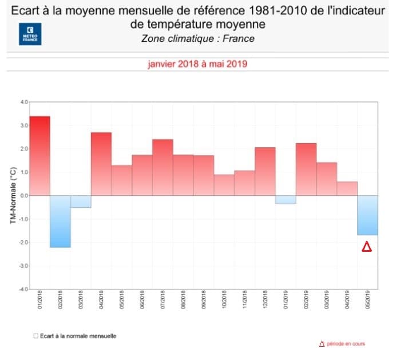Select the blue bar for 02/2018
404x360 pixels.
tap(60, 221)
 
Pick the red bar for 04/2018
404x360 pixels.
tap(101, 164)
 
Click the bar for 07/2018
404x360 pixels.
tap(163, 167)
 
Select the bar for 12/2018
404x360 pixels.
tap(265, 171)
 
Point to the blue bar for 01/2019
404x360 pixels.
tap(286, 200)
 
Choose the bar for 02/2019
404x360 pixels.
tap(306, 169)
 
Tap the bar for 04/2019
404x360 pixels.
tap(347, 188)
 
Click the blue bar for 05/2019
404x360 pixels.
tap(367, 215)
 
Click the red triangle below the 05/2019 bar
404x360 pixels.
tap(367, 247)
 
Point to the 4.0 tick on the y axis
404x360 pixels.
tap(23, 102)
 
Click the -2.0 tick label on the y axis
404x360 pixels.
tap(23, 243)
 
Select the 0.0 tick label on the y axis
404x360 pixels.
tap(23, 196)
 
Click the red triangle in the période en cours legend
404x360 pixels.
tap(322, 344)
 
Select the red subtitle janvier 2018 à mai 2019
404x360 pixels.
tap(197, 64)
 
